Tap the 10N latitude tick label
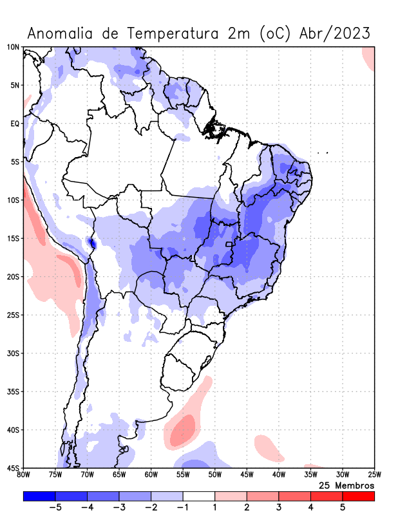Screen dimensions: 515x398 [x=13, y=47]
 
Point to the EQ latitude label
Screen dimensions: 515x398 [x=14, y=123]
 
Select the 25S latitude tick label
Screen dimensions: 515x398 [x=13, y=315]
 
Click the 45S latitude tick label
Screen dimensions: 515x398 [x=13, y=468]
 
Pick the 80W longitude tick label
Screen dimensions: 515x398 [x=24, y=476]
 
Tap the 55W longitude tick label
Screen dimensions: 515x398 [x=183, y=476]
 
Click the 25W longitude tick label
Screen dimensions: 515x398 [x=374, y=476]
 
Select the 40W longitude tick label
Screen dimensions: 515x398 [x=278, y=476]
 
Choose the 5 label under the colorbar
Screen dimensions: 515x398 [x=343, y=507]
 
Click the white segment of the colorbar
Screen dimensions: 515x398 [x=198, y=496]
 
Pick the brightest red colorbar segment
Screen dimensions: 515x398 [x=358, y=496]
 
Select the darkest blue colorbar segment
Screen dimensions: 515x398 [x=39, y=496]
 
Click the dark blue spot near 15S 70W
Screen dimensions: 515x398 [x=91, y=243]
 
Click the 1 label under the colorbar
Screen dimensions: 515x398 [x=214, y=507]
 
